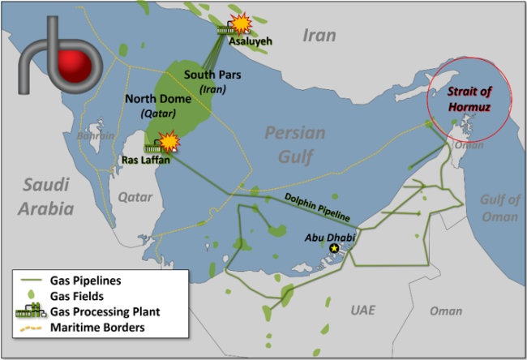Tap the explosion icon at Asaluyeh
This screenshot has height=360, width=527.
pyautogui.click(x=241, y=22)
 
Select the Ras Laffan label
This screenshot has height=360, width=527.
pyautogui.click(x=147, y=161)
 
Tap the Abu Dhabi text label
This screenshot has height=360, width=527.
pyautogui.click(x=323, y=237)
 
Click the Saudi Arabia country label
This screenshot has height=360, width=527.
pyautogui.click(x=48, y=195)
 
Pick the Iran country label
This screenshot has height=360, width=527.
pyautogui.click(x=319, y=35)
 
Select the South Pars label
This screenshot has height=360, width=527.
pyautogui.click(x=209, y=80)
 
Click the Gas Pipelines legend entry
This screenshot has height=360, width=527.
pyautogui.click(x=85, y=280)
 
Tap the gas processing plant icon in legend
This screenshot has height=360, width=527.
pyautogui.click(x=31, y=311)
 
